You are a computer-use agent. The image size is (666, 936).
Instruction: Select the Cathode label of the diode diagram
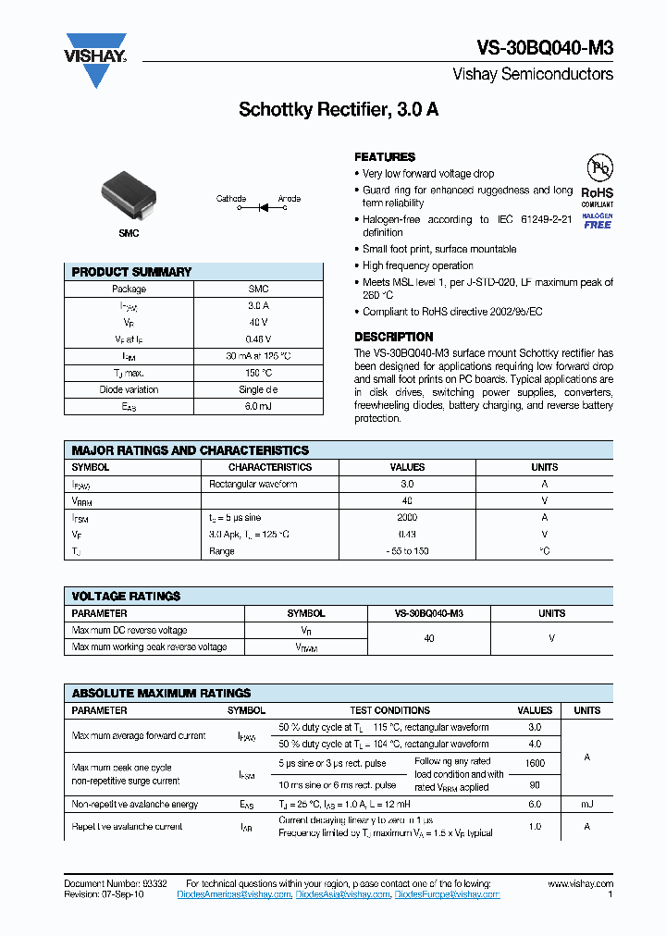[x=231, y=199]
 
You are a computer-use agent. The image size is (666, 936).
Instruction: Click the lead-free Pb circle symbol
[x=600, y=168]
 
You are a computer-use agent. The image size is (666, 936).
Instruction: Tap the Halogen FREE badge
[x=598, y=220]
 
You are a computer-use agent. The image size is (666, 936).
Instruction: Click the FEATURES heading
[x=385, y=157]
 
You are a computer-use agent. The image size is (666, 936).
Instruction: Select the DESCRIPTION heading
[x=394, y=337]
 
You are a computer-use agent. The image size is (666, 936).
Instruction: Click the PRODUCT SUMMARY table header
[x=131, y=272]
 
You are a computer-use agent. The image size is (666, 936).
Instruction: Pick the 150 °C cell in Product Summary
[x=258, y=373]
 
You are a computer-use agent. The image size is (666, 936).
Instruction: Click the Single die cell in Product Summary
[x=258, y=389]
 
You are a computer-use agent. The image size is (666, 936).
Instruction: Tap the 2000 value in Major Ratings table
[x=407, y=518]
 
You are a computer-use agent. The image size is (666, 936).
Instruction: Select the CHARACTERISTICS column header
[x=270, y=468]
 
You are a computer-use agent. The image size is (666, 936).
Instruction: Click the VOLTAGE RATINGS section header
[x=126, y=597]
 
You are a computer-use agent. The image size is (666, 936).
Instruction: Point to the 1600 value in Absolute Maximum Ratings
[x=535, y=764]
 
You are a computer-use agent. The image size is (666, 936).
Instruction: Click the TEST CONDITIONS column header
[x=389, y=710]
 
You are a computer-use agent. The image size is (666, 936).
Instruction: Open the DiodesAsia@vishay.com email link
[x=344, y=894]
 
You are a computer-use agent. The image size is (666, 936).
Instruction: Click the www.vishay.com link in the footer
[x=580, y=884]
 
